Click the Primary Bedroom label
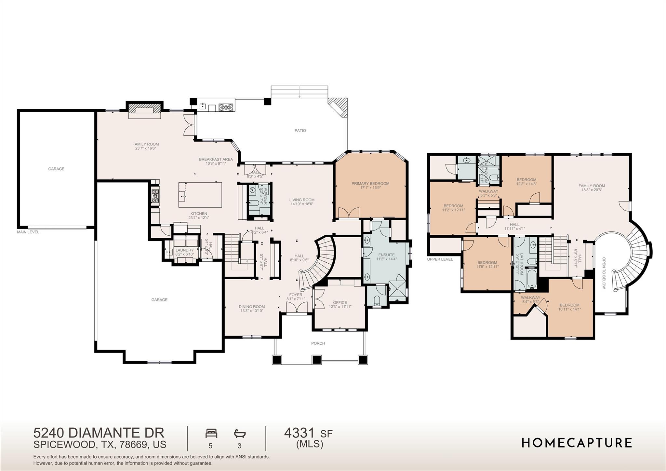point(370,184)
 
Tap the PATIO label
point(300,131)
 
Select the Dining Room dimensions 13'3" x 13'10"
point(252,311)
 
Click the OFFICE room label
point(340,302)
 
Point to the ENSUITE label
point(386,255)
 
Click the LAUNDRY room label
point(184,250)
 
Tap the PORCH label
point(318,343)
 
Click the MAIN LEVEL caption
point(28,232)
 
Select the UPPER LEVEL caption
point(440,259)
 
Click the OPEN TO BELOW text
point(604,273)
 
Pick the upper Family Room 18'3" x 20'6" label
point(592,186)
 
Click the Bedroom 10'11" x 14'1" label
point(569,305)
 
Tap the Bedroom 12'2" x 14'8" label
point(526,180)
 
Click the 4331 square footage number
point(299,433)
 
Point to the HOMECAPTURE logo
point(577,443)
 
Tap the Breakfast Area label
point(216,159)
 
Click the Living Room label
point(302,200)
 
